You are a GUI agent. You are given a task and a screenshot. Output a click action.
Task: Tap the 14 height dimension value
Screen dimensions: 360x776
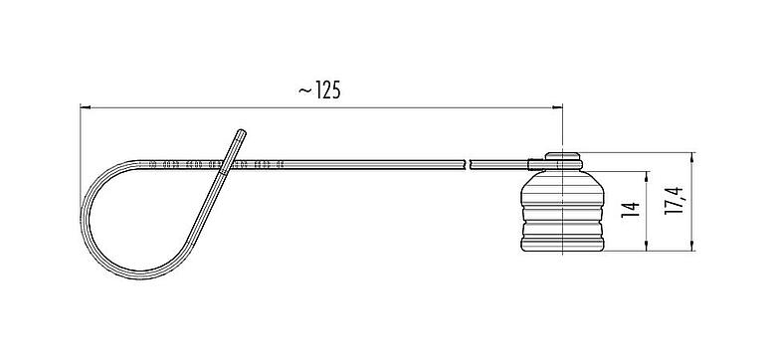pos(628,210)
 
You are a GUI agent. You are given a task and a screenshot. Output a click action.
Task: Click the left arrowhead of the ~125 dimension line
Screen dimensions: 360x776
pos(85,107)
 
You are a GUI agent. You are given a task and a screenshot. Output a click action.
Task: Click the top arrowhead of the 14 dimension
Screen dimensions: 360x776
pos(648,174)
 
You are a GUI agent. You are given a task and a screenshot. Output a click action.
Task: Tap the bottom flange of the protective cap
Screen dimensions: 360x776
pos(563,242)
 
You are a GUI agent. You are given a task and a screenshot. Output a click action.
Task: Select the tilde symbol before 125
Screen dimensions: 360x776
pos(302,90)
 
